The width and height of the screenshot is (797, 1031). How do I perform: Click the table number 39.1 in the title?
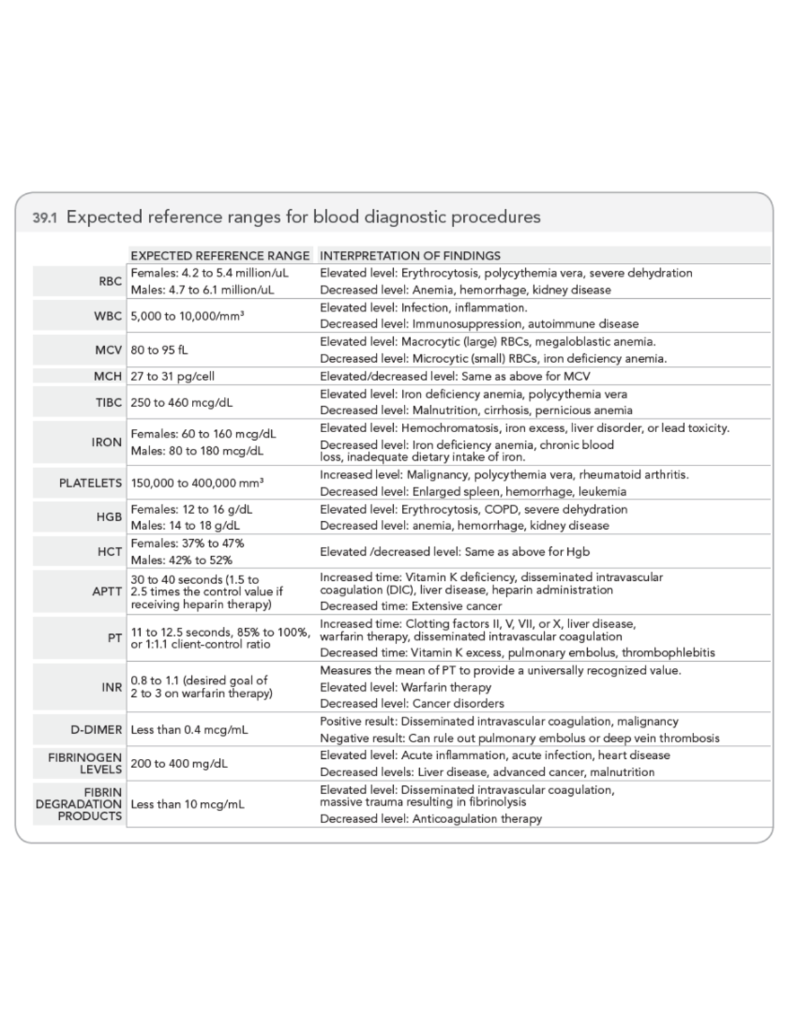44,218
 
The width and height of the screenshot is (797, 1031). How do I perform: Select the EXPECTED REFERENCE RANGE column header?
220,256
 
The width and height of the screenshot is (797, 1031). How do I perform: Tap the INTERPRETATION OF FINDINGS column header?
410,256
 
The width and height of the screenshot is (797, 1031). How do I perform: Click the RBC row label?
110,281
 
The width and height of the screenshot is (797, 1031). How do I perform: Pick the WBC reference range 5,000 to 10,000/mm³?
187,316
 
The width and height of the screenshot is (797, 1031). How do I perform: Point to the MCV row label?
108,350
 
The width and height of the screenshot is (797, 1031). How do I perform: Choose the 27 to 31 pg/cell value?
173,376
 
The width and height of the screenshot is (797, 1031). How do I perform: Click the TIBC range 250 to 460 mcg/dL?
181,402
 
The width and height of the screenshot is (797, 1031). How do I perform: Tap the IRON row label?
106,442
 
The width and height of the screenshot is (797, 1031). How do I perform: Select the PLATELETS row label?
90,483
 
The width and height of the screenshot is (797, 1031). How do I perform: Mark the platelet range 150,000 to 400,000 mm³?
197,483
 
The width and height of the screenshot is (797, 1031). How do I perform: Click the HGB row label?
109,517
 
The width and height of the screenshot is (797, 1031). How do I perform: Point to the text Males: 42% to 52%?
181,560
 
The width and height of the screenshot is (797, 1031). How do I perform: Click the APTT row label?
107,592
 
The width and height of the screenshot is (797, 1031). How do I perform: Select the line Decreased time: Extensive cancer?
410,606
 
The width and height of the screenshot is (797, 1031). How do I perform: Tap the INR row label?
112,687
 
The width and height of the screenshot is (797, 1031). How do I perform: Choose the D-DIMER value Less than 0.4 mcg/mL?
189,730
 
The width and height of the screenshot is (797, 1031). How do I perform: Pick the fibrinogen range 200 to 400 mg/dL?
179,764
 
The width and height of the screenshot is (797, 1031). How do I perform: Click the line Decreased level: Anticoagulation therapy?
430,819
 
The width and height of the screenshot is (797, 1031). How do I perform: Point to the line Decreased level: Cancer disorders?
412,704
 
